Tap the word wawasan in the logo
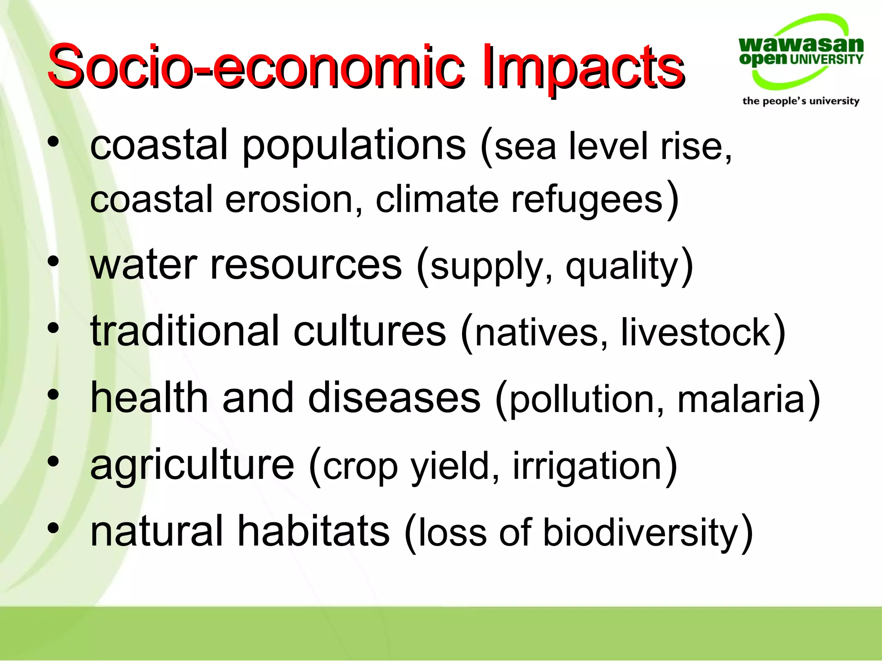coord(801,44)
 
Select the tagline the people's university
coord(801,101)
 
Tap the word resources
coord(306,265)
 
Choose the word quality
coord(622,266)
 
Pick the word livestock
coord(696,332)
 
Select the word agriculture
coord(192,465)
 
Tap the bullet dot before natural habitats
coord(53,528)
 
